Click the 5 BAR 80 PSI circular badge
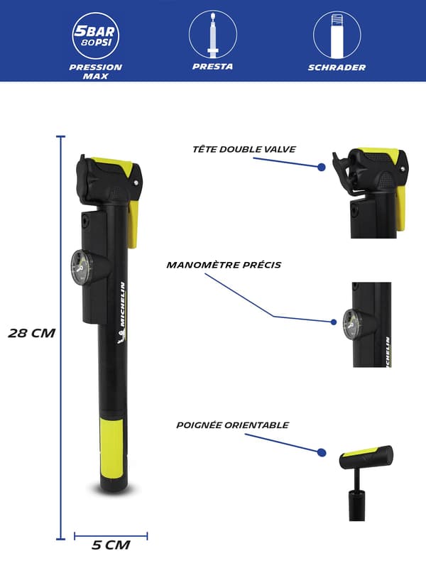[95, 36]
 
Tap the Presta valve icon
[212, 34]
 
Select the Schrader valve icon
[337, 34]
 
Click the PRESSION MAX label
[96, 72]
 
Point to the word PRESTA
[212, 67]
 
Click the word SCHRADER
[337, 67]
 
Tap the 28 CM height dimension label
[32, 333]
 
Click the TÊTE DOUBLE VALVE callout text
[244, 149]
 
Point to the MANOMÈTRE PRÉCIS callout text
[224, 265]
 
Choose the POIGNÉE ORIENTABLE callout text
[233, 425]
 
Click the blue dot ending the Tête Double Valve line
[322, 167]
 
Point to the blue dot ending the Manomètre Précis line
[334, 322]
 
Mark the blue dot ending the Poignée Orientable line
[322, 452]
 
